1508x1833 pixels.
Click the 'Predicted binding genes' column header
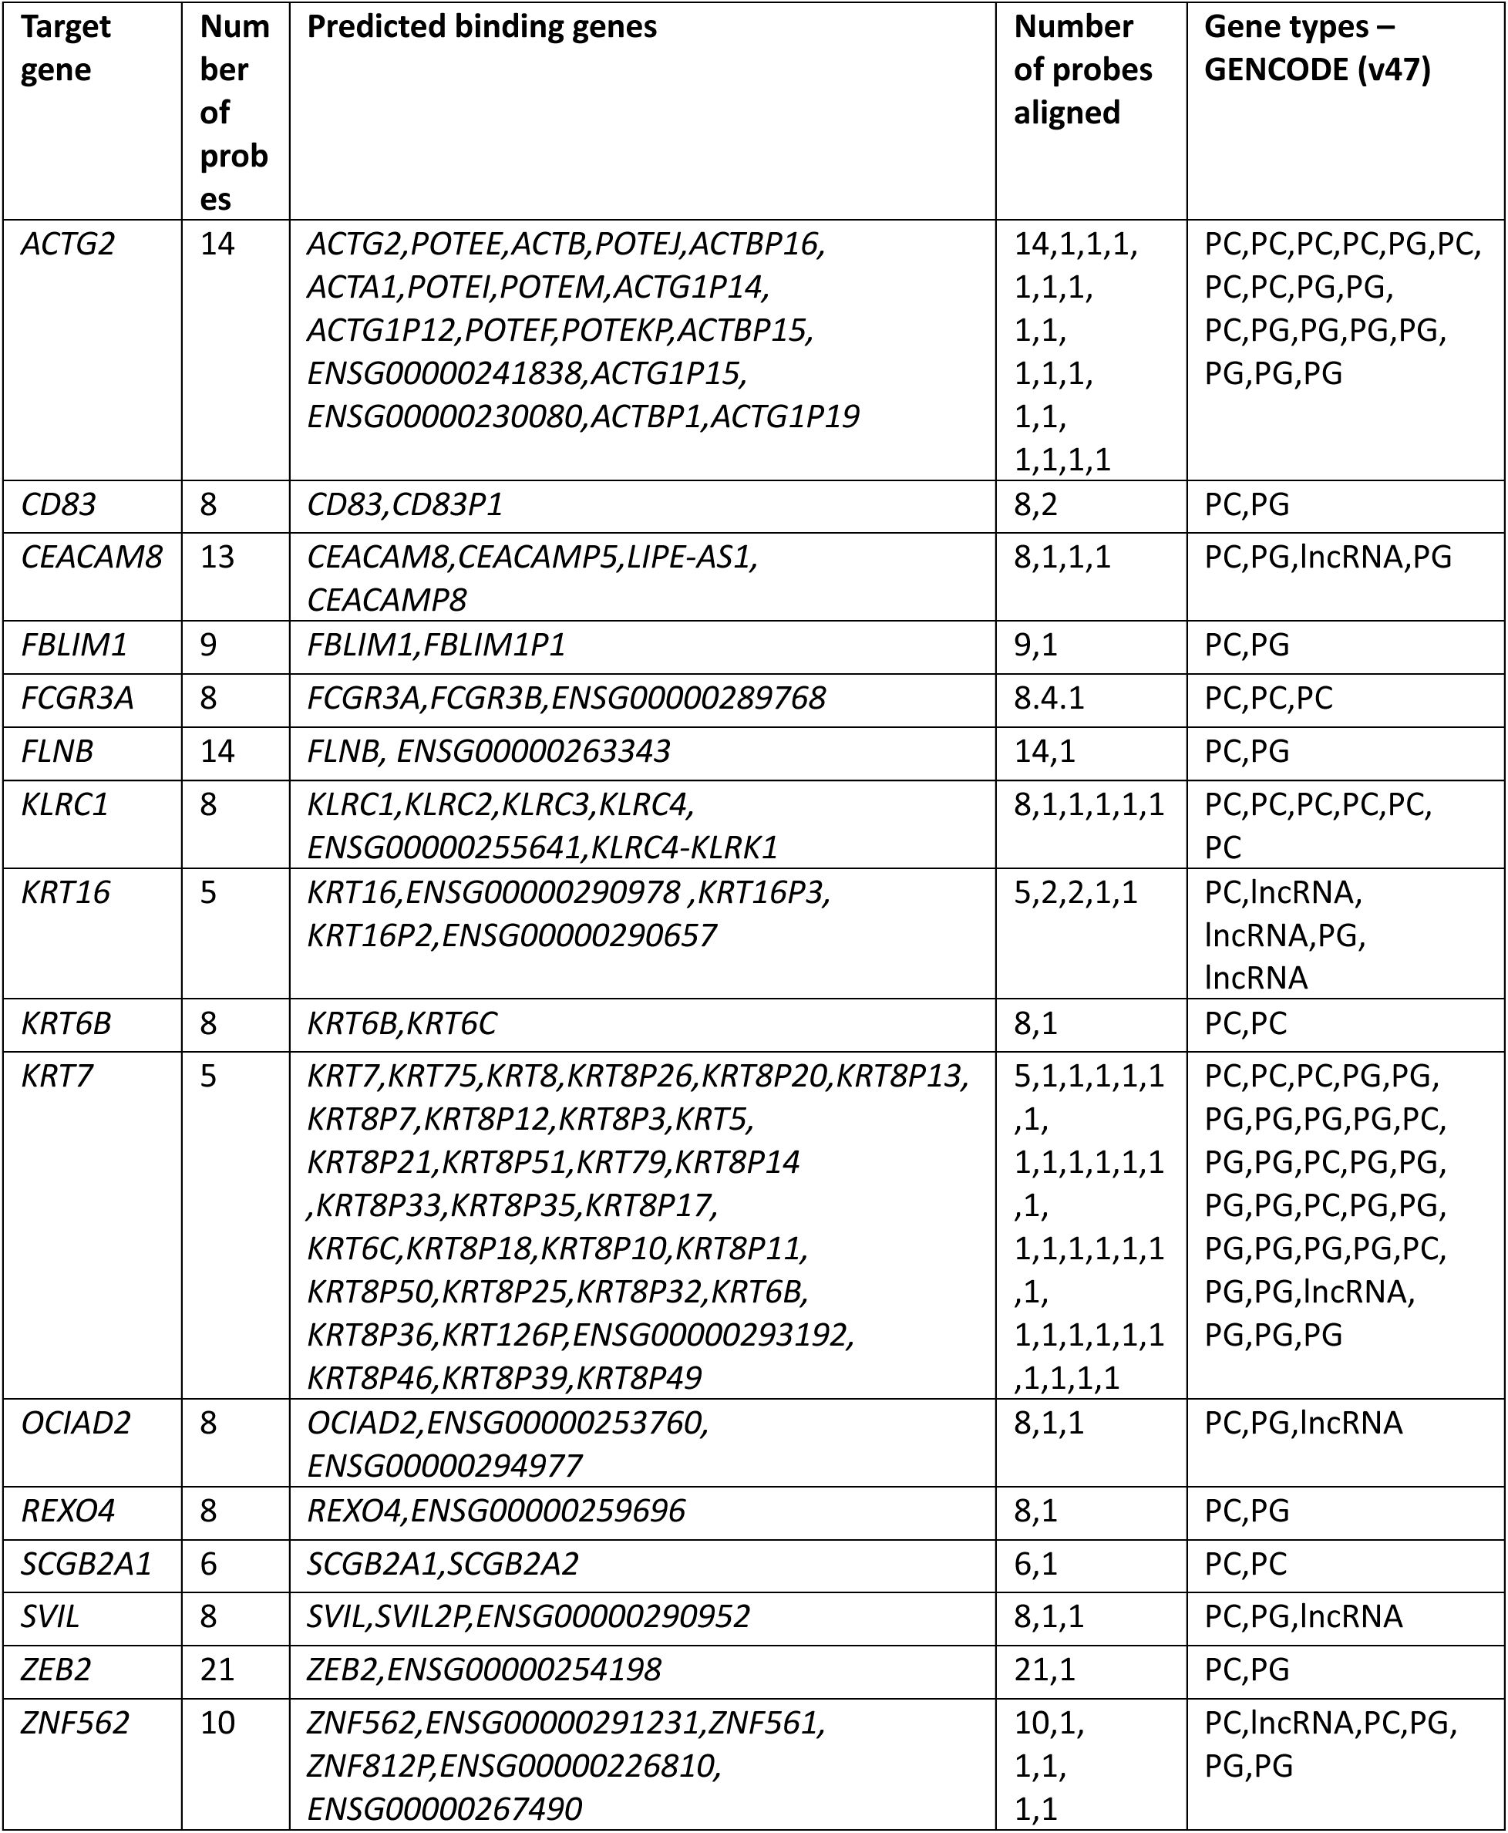[x=482, y=28]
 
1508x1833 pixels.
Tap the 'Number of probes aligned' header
[x=1082, y=69]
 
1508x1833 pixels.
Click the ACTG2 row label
[x=67, y=245]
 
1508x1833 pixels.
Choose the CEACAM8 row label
[x=91, y=558]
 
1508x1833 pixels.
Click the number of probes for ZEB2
[x=217, y=1670]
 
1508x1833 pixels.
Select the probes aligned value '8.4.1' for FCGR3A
[x=1049, y=699]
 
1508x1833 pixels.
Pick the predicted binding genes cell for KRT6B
[x=402, y=1023]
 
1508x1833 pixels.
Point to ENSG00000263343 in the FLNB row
[x=534, y=751]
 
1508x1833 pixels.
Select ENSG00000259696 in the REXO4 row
[x=547, y=1511]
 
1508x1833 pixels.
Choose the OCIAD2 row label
[x=76, y=1423]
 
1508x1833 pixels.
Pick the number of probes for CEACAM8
[x=217, y=558]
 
